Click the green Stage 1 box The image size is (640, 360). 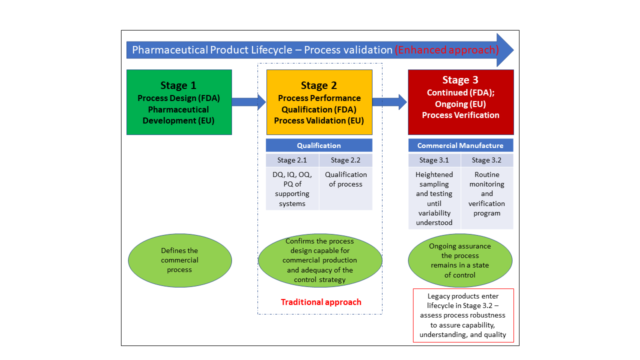tap(179, 102)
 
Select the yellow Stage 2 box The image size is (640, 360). tap(319, 102)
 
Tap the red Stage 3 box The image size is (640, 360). tap(460, 102)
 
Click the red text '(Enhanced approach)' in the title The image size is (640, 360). tap(446, 50)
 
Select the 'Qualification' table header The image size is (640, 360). tap(319, 145)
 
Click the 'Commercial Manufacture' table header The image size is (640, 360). tap(460, 145)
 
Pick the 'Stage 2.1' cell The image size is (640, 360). tap(292, 160)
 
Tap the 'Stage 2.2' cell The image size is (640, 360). tap(345, 160)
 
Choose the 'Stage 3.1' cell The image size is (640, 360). tap(434, 160)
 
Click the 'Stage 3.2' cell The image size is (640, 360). tap(487, 160)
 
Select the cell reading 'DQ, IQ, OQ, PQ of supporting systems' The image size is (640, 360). tap(292, 189)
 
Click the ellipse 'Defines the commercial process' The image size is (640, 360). tap(180, 260)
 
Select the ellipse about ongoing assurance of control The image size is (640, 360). tap(460, 260)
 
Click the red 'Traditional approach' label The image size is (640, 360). tap(320, 302)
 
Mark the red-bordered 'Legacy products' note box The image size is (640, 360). tap(463, 315)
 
